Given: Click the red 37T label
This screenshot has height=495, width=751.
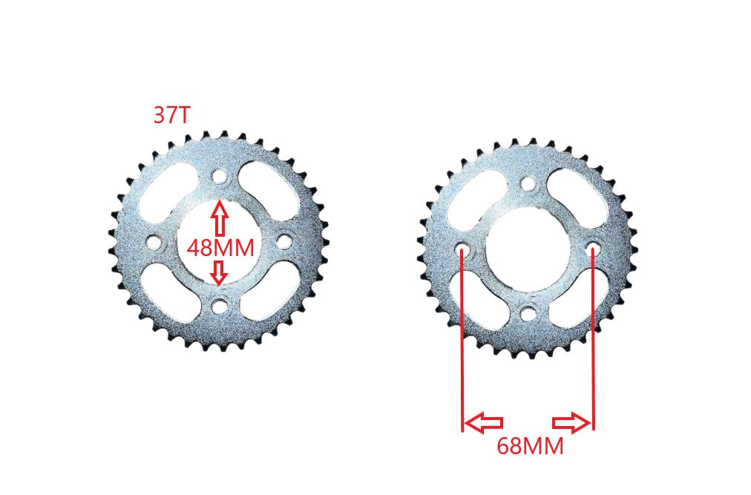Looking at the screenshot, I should point(171,115).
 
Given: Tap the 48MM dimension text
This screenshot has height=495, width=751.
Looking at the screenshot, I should point(220,247).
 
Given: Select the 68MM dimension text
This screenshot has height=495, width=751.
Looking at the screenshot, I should point(529,446).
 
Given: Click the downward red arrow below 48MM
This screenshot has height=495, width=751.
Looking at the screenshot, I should point(218,272).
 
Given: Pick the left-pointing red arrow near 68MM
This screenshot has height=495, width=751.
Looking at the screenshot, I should point(483,423).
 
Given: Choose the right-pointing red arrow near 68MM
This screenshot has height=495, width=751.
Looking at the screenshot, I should point(572,423).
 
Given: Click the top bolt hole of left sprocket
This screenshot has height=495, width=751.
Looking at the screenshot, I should point(219,177).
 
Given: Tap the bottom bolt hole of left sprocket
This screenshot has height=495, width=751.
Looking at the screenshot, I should point(219,305).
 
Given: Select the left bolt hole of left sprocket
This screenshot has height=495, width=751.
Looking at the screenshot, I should point(154,243).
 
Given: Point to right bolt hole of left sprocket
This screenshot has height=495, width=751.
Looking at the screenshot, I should point(284,241).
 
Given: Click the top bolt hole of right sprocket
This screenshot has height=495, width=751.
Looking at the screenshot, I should point(527,183).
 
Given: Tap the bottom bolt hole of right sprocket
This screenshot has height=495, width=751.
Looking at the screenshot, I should point(527,313).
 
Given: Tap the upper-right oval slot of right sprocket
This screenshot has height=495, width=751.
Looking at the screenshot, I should point(577,197).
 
